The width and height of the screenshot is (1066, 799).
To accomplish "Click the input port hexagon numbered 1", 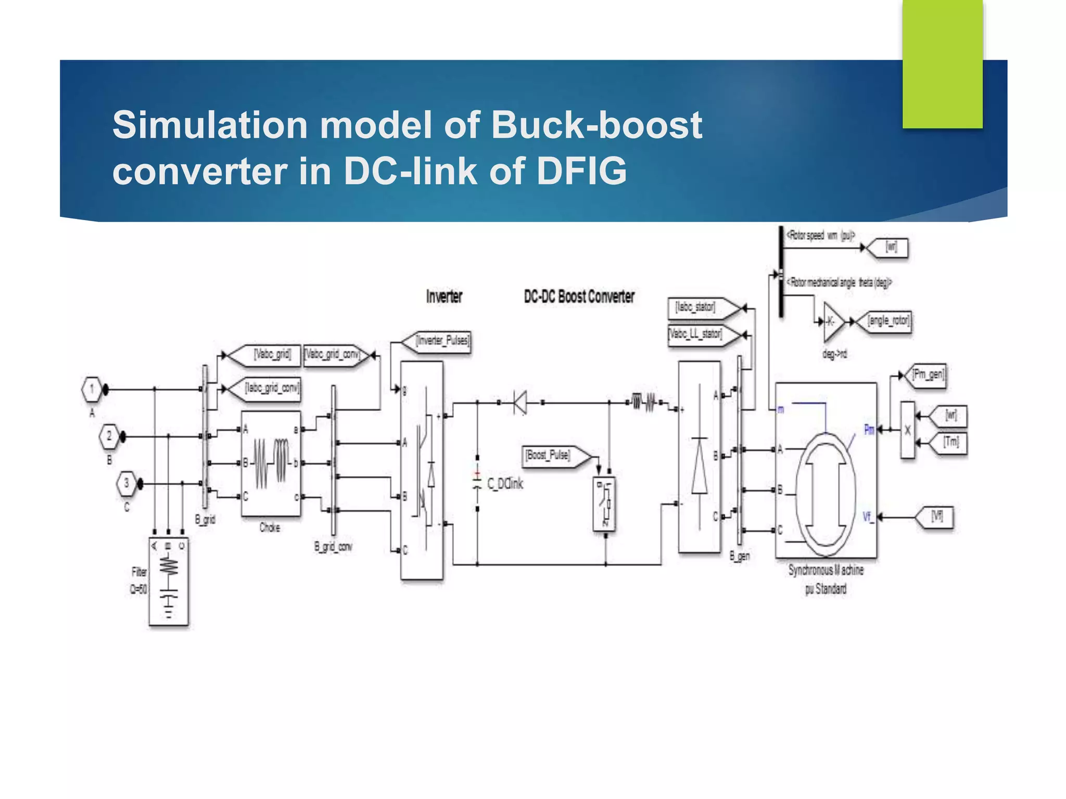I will coord(92,390).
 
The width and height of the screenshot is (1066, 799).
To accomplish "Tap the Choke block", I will coord(271,463).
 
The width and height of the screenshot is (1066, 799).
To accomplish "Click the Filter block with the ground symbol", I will coord(168,582).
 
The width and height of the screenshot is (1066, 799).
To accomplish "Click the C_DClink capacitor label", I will coord(504,484).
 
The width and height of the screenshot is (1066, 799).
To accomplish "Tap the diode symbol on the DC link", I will coord(519,402).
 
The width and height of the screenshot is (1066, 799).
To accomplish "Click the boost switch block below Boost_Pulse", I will coord(605,504).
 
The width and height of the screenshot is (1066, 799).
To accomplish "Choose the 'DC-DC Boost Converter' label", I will coord(579,297).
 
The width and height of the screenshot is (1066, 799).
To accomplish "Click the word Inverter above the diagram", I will coord(444,297).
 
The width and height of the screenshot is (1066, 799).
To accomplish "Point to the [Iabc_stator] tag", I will coord(700,308).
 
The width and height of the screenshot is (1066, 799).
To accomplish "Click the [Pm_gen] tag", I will coord(927,375).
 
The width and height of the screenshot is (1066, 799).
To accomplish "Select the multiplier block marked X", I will coord(907,430).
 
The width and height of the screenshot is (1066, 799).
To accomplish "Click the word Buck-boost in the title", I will coord(597,125).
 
